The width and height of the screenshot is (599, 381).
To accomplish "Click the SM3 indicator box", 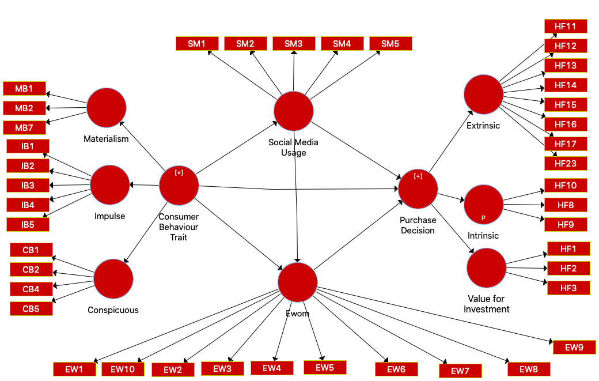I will click(293, 43).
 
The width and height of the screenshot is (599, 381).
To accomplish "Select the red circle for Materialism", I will click(107, 108).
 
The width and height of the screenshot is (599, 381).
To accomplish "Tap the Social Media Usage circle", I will click(294, 111).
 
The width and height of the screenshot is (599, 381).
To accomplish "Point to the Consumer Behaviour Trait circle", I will click(179, 185).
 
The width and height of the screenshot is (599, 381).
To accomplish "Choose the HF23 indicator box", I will click(566, 164).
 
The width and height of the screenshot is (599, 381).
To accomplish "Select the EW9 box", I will click(574, 347).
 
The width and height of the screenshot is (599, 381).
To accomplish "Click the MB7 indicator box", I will click(24, 128).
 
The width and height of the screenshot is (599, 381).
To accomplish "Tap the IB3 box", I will click(28, 186).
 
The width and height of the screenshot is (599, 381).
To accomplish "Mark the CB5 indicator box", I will click(31, 308).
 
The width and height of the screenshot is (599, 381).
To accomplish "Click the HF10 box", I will click(566, 186).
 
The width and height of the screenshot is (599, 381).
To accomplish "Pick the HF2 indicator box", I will click(568, 269).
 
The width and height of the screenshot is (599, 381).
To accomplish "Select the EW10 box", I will click(123, 369).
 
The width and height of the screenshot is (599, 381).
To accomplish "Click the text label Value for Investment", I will click(487, 304).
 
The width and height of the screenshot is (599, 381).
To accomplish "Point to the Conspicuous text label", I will click(113, 310).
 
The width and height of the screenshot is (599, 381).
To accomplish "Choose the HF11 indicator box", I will click(566, 27).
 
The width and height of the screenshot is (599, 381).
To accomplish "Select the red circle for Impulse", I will click(110, 185).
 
